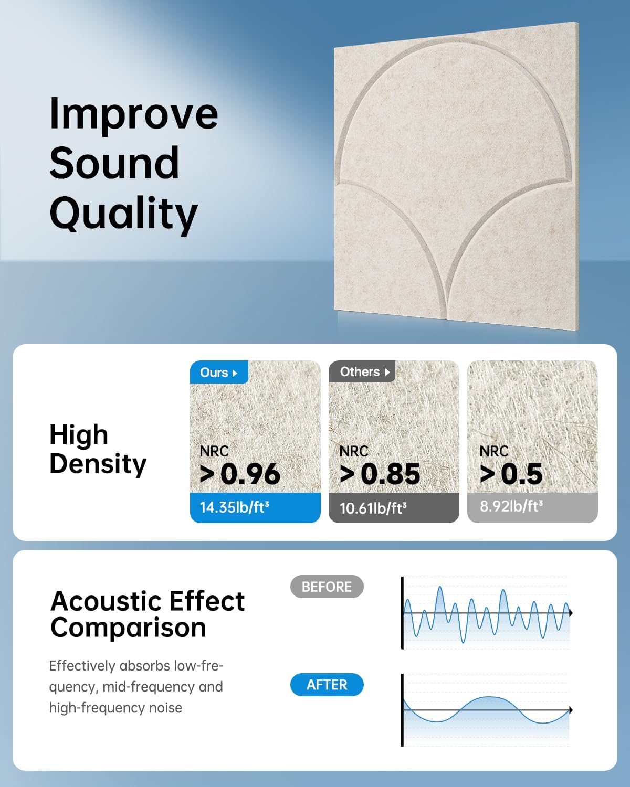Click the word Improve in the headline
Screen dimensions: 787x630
(x=133, y=114)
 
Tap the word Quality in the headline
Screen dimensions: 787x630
(x=123, y=214)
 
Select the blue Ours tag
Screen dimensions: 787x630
(x=218, y=373)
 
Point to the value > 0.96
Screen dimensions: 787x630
(x=240, y=474)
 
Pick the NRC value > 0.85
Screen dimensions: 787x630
(x=380, y=474)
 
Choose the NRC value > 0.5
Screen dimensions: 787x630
(x=511, y=474)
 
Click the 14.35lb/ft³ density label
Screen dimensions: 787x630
(x=235, y=507)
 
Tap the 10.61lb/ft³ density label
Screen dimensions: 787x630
(x=373, y=508)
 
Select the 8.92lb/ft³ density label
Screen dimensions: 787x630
(x=511, y=506)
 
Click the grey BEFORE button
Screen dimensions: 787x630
(x=327, y=587)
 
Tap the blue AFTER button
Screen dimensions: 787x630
(x=327, y=685)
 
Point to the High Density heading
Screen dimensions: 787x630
(x=98, y=449)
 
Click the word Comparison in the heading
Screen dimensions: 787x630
(x=128, y=628)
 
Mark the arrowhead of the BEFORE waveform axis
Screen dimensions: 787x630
(x=570, y=613)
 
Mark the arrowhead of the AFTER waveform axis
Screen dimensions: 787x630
(x=570, y=710)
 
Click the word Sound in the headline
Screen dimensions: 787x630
(x=114, y=163)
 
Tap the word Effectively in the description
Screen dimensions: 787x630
(x=82, y=666)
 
